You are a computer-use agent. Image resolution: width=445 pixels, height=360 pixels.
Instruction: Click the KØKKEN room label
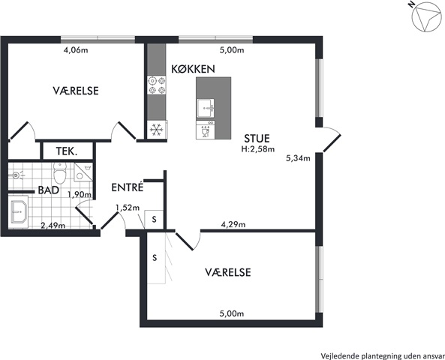click(x=193, y=69)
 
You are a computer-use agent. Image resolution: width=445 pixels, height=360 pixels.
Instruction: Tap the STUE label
click(x=257, y=139)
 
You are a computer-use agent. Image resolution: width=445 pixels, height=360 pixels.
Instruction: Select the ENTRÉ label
click(x=127, y=187)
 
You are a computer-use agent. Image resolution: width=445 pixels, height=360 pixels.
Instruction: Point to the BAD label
click(x=49, y=190)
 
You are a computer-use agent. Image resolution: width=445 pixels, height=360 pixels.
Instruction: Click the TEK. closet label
click(x=67, y=151)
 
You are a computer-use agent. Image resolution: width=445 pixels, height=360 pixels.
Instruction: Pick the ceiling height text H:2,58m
click(x=258, y=149)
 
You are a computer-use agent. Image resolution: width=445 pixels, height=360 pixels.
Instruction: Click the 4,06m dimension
click(x=76, y=50)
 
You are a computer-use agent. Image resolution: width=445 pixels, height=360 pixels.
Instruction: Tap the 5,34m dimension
click(x=298, y=158)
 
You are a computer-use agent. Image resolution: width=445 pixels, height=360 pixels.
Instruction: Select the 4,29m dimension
click(x=233, y=225)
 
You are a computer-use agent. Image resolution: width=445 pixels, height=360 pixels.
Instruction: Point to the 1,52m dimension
click(x=128, y=208)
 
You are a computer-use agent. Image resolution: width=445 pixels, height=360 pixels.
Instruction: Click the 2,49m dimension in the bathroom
click(x=53, y=226)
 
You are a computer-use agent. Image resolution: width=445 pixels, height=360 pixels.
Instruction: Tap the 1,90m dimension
click(x=80, y=194)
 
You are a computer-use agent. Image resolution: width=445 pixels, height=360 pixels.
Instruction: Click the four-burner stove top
click(x=157, y=85)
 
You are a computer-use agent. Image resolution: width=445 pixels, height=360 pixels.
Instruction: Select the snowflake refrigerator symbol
click(x=156, y=130)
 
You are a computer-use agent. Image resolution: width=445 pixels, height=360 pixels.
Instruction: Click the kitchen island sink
click(x=206, y=108)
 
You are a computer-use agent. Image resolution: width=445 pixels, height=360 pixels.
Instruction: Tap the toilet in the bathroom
click(x=60, y=173)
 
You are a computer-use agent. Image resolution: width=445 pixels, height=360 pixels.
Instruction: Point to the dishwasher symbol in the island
click(x=205, y=130)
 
